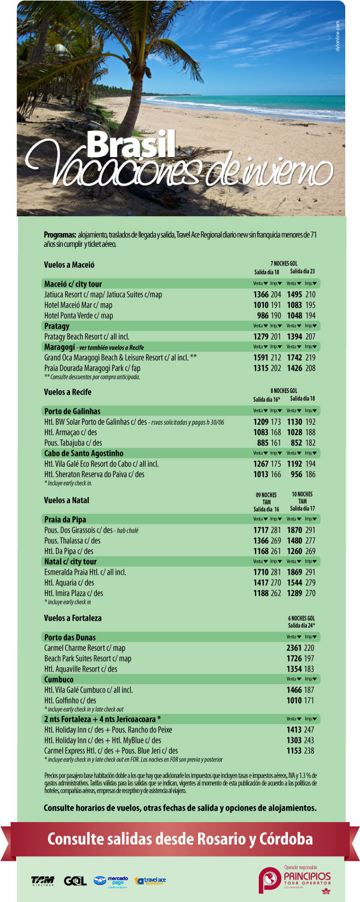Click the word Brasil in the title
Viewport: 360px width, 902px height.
(x=131, y=144)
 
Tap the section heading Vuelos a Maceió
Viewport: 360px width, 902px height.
(x=69, y=265)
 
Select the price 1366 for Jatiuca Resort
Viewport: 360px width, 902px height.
(x=261, y=294)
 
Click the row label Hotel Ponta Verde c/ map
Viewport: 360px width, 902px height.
(x=78, y=315)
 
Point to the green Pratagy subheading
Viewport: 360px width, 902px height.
(x=57, y=326)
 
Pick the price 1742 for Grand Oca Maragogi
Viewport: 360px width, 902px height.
(x=294, y=357)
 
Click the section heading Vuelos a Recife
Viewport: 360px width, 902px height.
(x=67, y=392)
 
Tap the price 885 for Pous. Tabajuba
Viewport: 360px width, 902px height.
(x=263, y=443)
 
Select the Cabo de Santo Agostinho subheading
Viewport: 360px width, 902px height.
(x=84, y=453)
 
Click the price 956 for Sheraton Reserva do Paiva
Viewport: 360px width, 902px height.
(x=296, y=475)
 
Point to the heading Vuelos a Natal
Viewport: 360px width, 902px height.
(x=66, y=500)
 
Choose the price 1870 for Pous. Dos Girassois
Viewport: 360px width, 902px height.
(x=294, y=530)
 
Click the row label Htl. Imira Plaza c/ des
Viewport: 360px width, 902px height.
(x=73, y=593)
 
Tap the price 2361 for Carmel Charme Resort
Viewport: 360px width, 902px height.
(x=294, y=648)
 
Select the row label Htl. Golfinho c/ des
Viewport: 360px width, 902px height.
(x=70, y=701)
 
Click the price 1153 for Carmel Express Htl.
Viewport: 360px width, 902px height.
(x=294, y=751)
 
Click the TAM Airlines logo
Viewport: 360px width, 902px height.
(x=43, y=881)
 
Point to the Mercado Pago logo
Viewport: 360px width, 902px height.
(x=111, y=881)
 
